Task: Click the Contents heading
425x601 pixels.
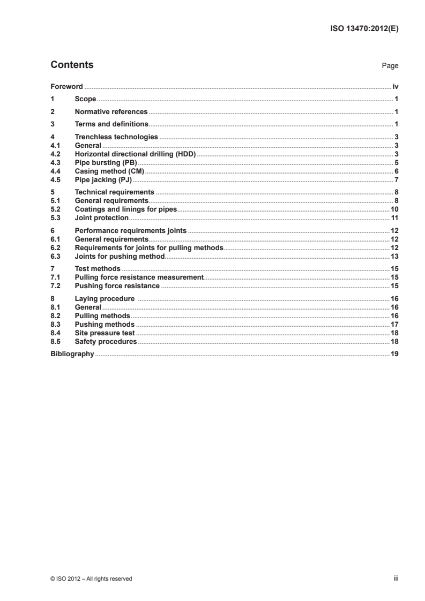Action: pos(72,65)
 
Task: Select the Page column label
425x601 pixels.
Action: pos(390,66)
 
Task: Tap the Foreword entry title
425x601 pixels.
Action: pos(66,86)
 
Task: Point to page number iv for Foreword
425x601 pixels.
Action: pos(395,86)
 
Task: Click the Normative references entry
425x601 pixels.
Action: pos(111,111)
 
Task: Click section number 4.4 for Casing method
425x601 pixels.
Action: pos(55,171)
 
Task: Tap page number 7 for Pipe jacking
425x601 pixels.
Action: pos(396,179)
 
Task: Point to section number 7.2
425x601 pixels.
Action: pos(55,286)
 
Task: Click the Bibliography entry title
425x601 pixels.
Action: pos(72,354)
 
